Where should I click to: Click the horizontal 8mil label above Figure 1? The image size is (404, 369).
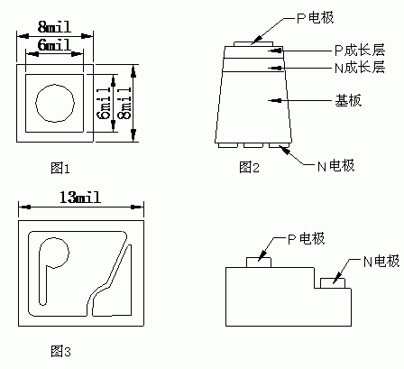pos(54,27)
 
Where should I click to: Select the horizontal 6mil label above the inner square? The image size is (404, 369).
pos(54,45)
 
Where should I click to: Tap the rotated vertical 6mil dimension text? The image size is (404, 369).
pos(106,103)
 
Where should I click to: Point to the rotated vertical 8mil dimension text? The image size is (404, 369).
pos(125,103)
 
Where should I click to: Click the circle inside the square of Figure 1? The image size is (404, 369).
pos(55,103)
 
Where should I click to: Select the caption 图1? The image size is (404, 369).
pos(60,168)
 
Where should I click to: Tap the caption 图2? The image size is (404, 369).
pos(249,167)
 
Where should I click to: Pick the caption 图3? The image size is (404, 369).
pos(60,351)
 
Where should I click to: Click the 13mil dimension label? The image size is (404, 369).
pos(80,198)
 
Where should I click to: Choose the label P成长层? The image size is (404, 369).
pos(360,51)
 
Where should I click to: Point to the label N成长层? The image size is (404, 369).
pos(360,68)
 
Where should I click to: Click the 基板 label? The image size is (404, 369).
pos(348,100)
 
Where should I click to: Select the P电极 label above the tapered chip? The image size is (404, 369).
pos(316,18)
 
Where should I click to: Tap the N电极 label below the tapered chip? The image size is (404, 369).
pos(336,166)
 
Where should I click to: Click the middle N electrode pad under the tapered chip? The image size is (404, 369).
pos(253,145)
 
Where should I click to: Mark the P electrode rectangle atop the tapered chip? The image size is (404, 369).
pos(253,44)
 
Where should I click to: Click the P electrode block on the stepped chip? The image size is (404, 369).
pos(259,263)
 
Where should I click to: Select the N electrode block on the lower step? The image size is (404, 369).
pos(333,283)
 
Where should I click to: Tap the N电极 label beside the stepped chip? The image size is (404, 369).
pos(381,261)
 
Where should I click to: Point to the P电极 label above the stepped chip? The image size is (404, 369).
pos(307,239)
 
